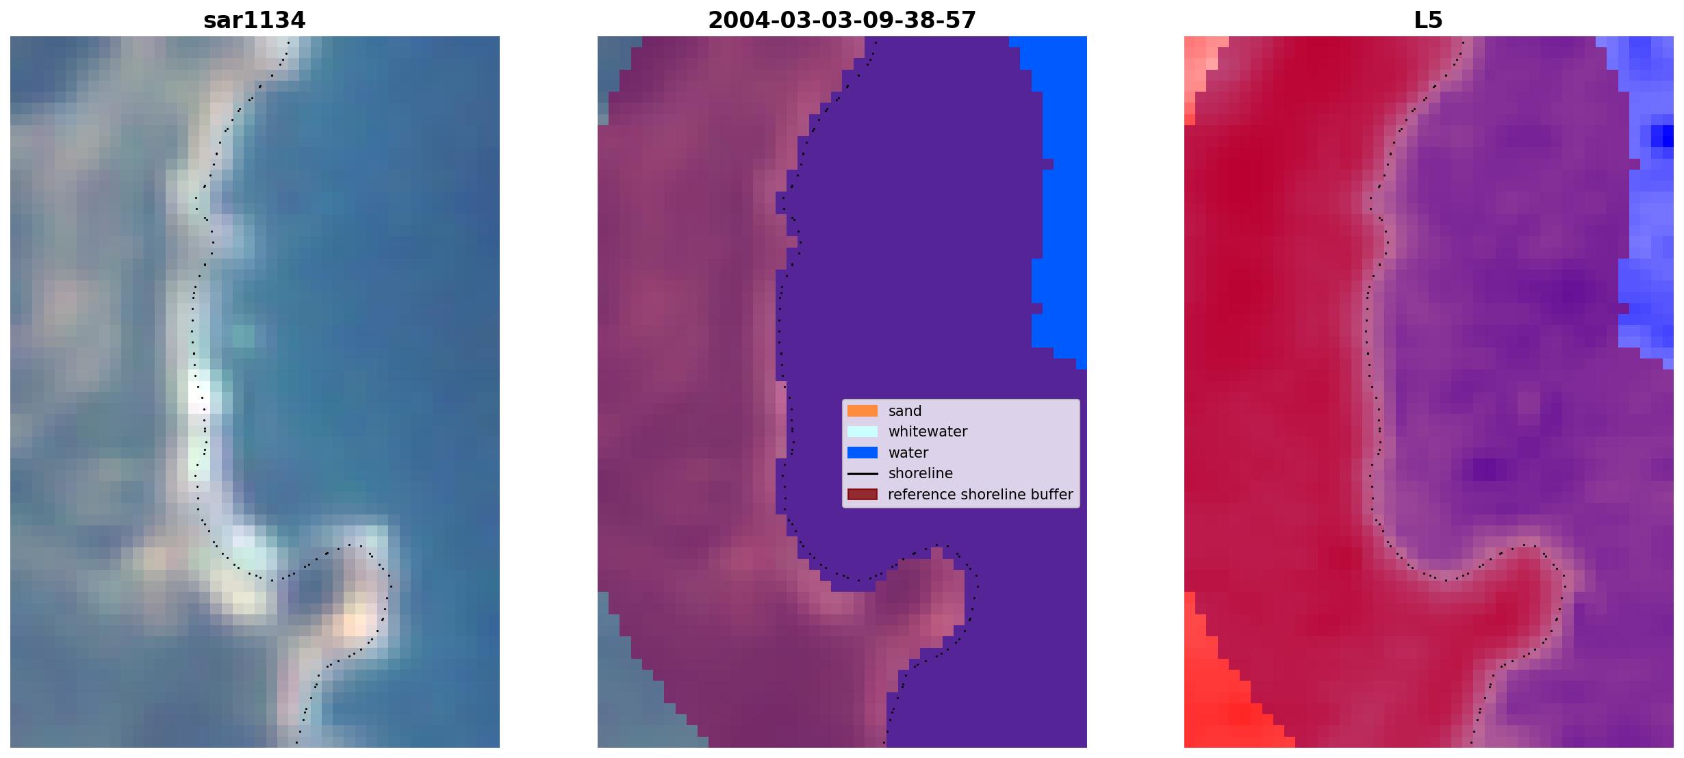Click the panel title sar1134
(254, 21)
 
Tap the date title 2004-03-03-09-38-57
(842, 21)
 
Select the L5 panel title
(1428, 21)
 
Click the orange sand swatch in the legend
(863, 411)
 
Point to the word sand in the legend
(905, 411)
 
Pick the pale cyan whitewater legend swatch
(863, 432)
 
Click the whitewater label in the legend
(928, 432)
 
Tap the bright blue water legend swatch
(863, 453)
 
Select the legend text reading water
(908, 453)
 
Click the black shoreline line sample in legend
(863, 473)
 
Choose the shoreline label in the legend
(921, 473)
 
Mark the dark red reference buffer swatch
(863, 495)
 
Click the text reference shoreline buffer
(980, 495)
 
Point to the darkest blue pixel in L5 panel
(1662, 136)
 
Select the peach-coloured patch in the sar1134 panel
(355, 624)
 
